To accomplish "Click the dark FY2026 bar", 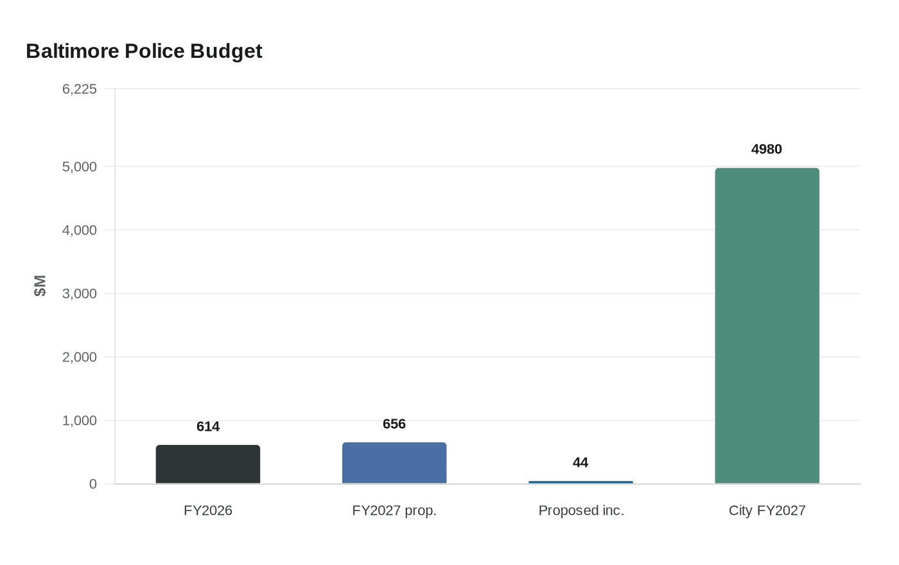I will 208,464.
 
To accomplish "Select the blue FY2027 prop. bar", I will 394,463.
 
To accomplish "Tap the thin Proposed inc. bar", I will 580,482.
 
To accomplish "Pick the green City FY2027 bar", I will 767,326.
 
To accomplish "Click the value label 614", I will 208,427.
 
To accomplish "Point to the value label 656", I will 394,424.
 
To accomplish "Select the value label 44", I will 580,463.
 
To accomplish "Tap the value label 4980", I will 767,150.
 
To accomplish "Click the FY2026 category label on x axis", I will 208,510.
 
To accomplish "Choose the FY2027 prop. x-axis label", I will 394,510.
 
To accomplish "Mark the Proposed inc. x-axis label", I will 581,510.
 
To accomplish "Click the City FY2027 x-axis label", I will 767,510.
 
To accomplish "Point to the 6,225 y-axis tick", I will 80,89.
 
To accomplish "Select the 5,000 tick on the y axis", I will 80,167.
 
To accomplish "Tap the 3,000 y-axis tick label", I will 80,294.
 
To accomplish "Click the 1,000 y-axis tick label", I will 80,421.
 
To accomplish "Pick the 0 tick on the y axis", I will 93,485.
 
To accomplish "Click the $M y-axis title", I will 40,286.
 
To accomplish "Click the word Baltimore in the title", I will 72,51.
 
